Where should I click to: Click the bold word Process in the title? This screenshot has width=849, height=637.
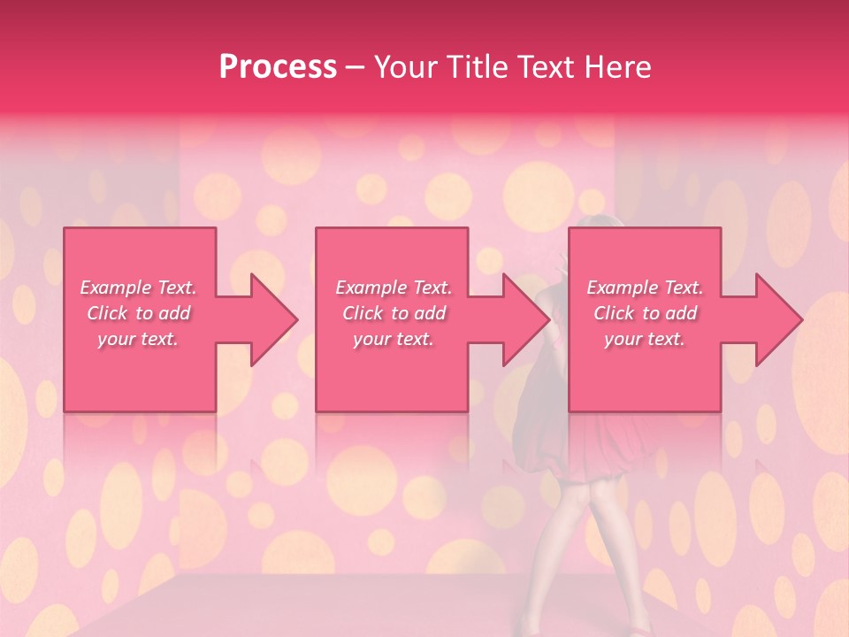(x=278, y=67)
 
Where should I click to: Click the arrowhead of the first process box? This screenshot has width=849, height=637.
(x=274, y=319)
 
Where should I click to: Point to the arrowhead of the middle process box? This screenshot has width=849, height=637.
(x=527, y=319)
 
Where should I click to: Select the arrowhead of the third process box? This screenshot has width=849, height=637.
(x=779, y=319)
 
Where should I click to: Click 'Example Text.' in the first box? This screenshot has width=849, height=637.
(x=138, y=288)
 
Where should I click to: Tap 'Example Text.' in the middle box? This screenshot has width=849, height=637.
(x=394, y=288)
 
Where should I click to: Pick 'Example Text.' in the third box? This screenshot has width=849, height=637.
(x=645, y=288)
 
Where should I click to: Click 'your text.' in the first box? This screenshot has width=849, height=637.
(x=138, y=339)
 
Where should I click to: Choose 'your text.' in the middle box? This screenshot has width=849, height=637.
(x=394, y=339)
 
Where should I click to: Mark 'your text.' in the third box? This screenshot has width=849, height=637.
(x=645, y=339)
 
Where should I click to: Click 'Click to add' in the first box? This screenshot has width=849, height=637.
(x=138, y=313)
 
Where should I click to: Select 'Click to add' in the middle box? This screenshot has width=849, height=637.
(x=394, y=313)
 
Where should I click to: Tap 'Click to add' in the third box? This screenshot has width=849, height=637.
(x=645, y=313)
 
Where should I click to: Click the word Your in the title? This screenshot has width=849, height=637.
(x=404, y=67)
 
